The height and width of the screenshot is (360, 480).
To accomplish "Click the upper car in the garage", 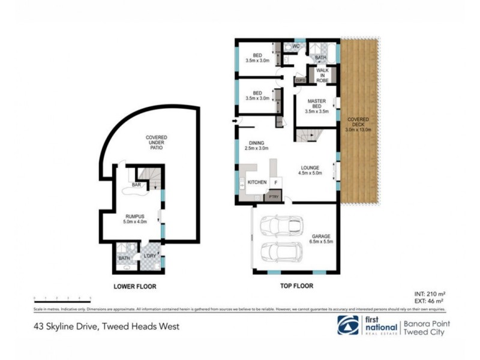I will click(x=277, y=226).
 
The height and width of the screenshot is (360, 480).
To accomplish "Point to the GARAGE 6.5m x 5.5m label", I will click(x=321, y=239).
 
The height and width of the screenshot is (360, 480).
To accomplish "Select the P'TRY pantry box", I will click(x=274, y=196).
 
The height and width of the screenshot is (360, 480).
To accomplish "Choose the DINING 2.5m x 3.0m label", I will click(x=256, y=145).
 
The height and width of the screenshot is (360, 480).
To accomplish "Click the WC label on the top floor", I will click(x=287, y=46).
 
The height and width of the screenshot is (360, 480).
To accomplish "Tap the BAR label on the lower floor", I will click(x=128, y=185).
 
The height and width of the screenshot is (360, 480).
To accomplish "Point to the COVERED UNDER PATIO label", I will click(x=157, y=144).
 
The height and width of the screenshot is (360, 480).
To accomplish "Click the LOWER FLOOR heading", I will click(x=135, y=287).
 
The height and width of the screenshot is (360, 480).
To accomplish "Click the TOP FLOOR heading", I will click(x=296, y=286).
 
